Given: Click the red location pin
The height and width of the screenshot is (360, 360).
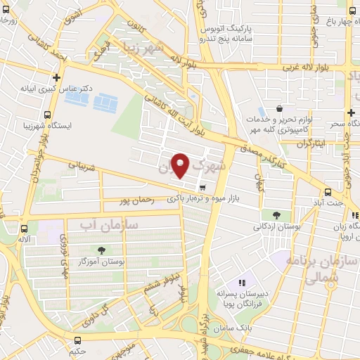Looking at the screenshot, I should [181, 165].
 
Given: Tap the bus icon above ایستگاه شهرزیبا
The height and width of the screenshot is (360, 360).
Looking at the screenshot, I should [47, 115].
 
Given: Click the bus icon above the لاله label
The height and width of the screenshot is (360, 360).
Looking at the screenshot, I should [25, 229].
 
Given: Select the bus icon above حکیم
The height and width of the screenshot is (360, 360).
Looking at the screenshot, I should [76, 338].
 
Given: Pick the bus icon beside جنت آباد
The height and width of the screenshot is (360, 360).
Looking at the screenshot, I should [328, 192].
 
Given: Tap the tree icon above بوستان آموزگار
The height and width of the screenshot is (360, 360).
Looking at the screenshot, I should [102, 250].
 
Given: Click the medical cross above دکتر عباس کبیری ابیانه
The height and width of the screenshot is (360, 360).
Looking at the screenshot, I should [56, 78].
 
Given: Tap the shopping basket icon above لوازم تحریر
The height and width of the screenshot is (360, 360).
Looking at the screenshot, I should [280, 110].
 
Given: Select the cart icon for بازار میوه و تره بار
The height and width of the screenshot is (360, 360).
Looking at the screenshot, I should [203, 187].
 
